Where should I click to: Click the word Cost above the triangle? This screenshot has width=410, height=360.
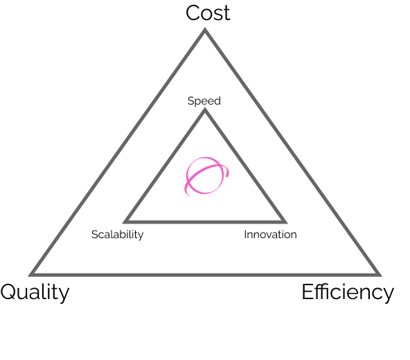208,13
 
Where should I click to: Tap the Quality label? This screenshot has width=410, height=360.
35,293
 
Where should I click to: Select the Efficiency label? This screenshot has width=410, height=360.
348,293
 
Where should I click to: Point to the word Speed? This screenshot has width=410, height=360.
204,101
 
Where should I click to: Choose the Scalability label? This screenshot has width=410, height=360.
118,235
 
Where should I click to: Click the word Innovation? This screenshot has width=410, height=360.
270,235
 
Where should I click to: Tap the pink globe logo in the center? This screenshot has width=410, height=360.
206,176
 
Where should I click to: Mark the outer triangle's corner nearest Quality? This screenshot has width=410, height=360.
29,276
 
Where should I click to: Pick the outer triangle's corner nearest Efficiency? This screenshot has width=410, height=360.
381,276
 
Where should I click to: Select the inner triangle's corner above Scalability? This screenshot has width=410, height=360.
123,223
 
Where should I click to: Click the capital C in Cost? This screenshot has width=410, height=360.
193,13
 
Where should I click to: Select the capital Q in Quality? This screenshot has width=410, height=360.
10,292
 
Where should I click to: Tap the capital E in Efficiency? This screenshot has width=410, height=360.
308,291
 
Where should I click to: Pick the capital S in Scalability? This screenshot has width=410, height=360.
95,235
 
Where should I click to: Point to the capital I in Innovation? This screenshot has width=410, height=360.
245,235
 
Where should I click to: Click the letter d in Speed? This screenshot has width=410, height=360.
217,100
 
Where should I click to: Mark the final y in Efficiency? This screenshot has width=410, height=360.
389,295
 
